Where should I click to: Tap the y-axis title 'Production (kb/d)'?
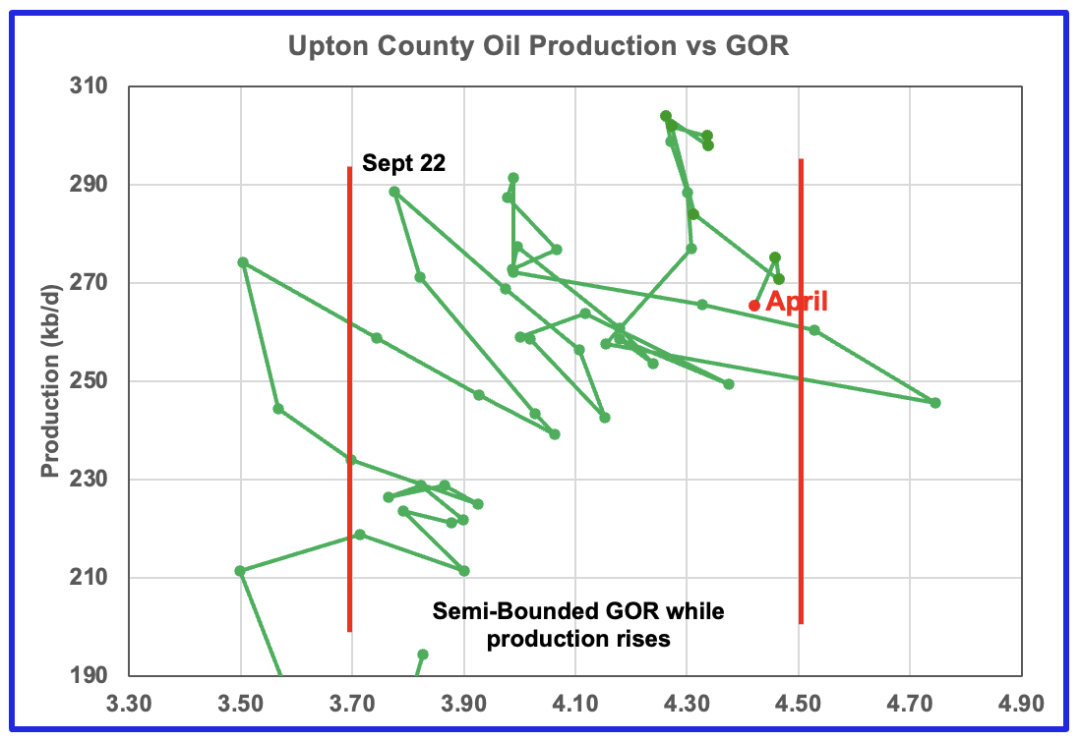click(48, 381)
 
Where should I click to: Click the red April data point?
click(754, 306)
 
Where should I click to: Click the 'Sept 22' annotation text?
click(403, 163)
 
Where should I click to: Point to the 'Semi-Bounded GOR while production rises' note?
click(578, 625)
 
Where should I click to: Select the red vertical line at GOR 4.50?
click(801, 393)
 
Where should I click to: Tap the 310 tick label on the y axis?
click(90, 87)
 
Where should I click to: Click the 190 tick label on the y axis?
click(90, 675)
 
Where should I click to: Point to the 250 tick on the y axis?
click(90, 381)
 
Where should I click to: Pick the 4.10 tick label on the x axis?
click(575, 706)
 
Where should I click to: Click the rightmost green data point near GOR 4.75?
click(935, 403)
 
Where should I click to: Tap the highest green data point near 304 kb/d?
click(666, 116)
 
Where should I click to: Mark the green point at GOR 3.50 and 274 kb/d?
click(243, 262)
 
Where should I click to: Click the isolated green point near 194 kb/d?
click(423, 655)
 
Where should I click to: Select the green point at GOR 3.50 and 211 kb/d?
click(240, 571)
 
